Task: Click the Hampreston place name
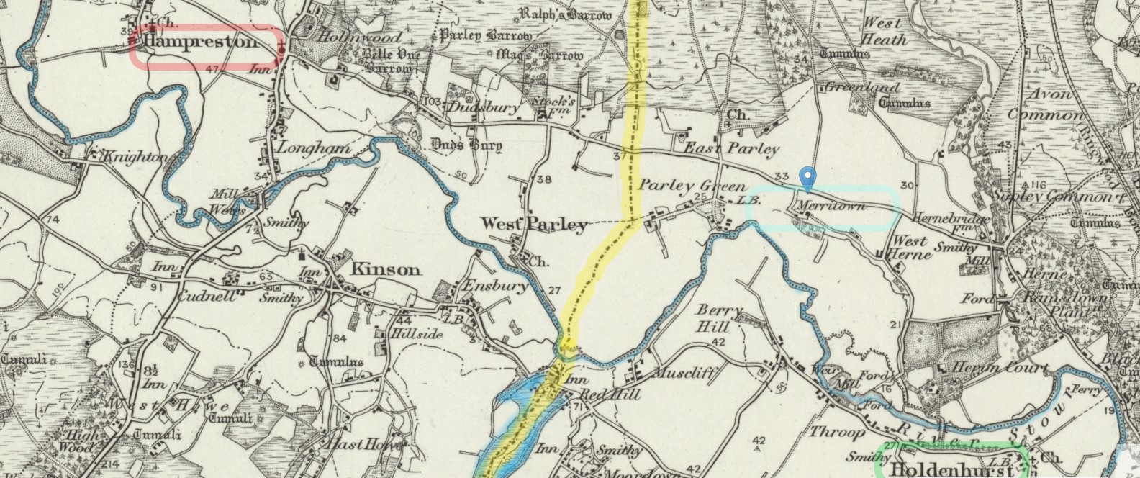[201, 42]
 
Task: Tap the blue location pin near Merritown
[808, 177]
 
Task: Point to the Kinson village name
[385, 270]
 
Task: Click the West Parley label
[534, 225]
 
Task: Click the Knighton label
[137, 157]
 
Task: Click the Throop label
[837, 432]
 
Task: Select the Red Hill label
[596, 394]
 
